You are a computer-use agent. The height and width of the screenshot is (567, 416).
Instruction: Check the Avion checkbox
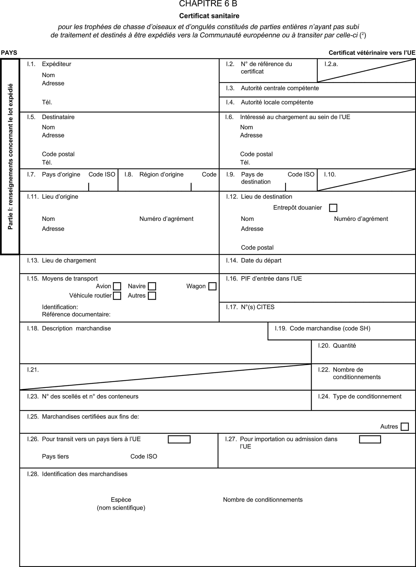[x=117, y=286]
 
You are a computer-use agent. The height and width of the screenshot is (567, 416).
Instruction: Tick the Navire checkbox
[x=152, y=286]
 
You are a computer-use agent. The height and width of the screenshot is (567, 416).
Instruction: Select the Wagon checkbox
[x=212, y=286]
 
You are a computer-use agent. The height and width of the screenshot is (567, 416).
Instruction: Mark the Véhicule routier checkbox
[x=117, y=296]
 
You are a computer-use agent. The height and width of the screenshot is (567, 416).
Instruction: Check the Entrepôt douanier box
[x=333, y=208]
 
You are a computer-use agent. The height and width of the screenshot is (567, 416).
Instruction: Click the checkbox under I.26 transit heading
[x=179, y=439]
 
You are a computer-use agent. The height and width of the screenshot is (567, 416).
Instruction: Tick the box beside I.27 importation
[x=370, y=439]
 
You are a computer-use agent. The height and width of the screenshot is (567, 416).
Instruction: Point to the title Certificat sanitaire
[x=209, y=16]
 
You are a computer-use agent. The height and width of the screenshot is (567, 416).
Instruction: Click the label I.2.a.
[x=331, y=64]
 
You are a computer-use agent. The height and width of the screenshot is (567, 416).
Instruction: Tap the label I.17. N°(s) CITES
[x=250, y=307]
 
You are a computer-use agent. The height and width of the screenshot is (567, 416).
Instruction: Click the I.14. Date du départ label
[x=254, y=260]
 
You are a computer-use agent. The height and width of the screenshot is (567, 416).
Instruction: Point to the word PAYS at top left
[x=9, y=53]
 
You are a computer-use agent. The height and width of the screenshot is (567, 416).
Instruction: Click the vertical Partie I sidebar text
[x=10, y=156]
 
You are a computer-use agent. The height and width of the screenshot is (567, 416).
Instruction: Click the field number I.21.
[x=33, y=370]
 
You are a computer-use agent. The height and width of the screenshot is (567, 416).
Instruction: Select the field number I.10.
[x=330, y=174]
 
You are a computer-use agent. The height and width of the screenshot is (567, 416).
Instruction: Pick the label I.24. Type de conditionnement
[x=359, y=396]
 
